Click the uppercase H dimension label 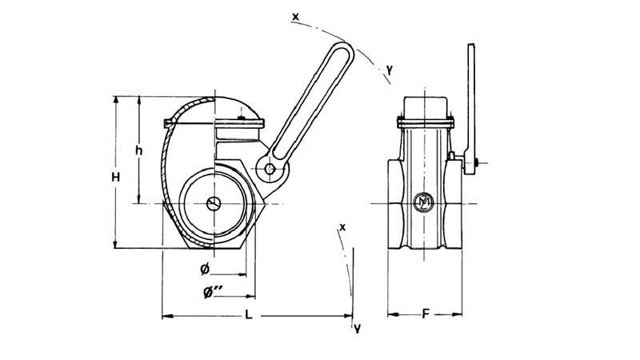[x=115, y=177]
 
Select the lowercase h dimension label [x=138, y=150]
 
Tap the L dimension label [x=249, y=316]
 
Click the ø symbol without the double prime [x=205, y=267]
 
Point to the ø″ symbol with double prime [x=213, y=293]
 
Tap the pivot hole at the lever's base [x=271, y=169]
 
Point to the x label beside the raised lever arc [x=297, y=15]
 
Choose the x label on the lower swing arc [x=342, y=227]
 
